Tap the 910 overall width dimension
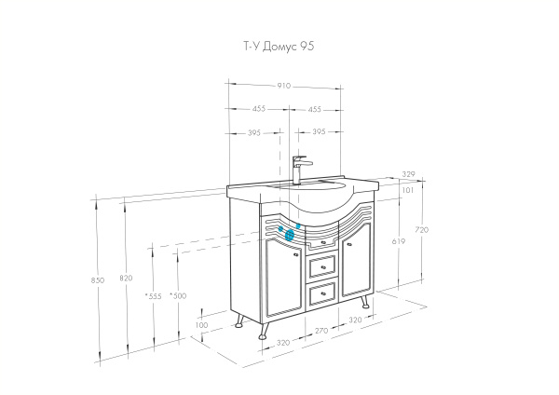[x=284, y=86]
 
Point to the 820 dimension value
[x=126, y=279]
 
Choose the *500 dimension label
[x=179, y=295]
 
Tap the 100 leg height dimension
[x=203, y=325]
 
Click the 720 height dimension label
[x=420, y=229]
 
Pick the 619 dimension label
[x=399, y=240]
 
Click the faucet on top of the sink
[x=298, y=169]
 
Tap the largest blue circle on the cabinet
[x=289, y=235]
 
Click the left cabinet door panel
[x=280, y=275]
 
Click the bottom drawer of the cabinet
[x=321, y=294]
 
